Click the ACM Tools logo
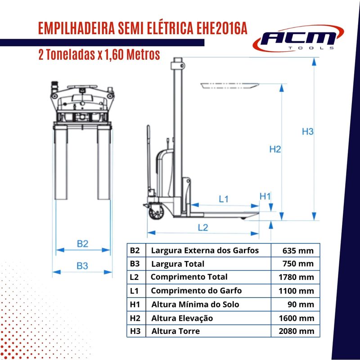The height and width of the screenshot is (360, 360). [298, 38]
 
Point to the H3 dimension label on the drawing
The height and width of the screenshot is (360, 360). [307, 131]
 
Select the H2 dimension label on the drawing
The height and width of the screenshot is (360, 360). [275, 149]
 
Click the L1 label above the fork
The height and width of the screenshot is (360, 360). [223, 199]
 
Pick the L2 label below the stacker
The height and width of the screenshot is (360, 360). [203, 228]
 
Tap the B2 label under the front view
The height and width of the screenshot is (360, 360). [82, 243]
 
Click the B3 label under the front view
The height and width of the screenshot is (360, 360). [82, 266]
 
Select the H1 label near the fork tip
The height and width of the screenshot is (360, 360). [265, 196]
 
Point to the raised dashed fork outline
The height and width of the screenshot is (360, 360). [230, 86]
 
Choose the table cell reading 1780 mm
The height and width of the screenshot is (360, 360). [296, 277]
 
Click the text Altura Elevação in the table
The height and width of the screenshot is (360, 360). [182, 318]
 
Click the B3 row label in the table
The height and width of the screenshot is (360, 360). [135, 264]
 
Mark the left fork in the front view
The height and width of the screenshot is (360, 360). [61, 162]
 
